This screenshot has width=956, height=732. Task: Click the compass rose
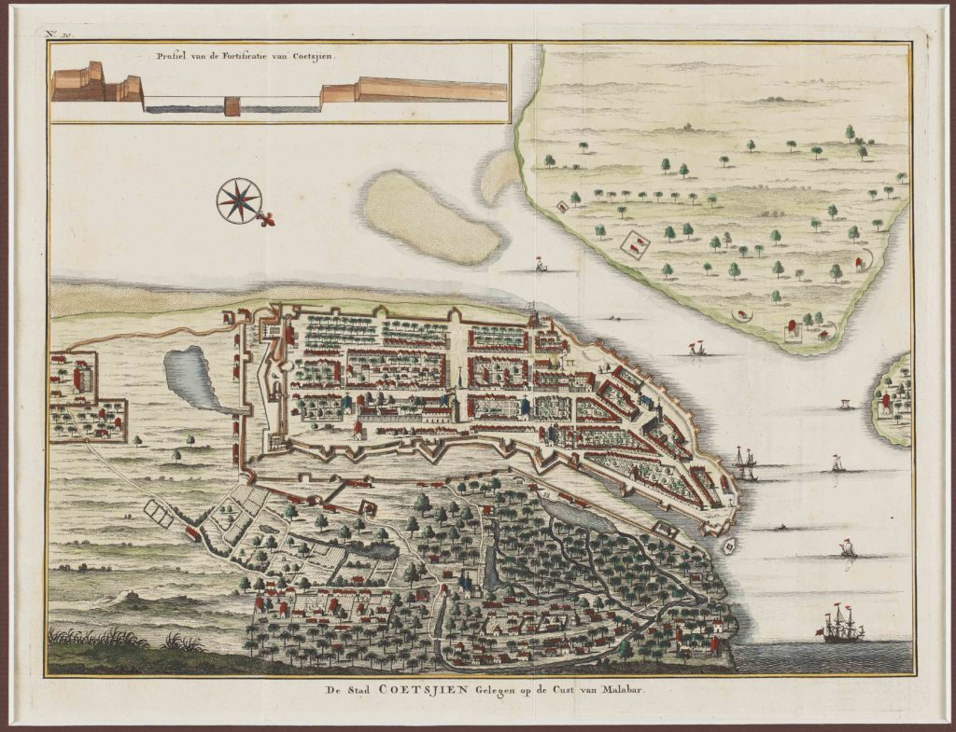(239, 200)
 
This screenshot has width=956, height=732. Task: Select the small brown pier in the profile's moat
(232, 106)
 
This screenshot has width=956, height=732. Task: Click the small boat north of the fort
(540, 265)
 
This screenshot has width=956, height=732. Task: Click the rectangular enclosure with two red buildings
(637, 245)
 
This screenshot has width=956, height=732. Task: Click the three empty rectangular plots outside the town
(159, 512)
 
